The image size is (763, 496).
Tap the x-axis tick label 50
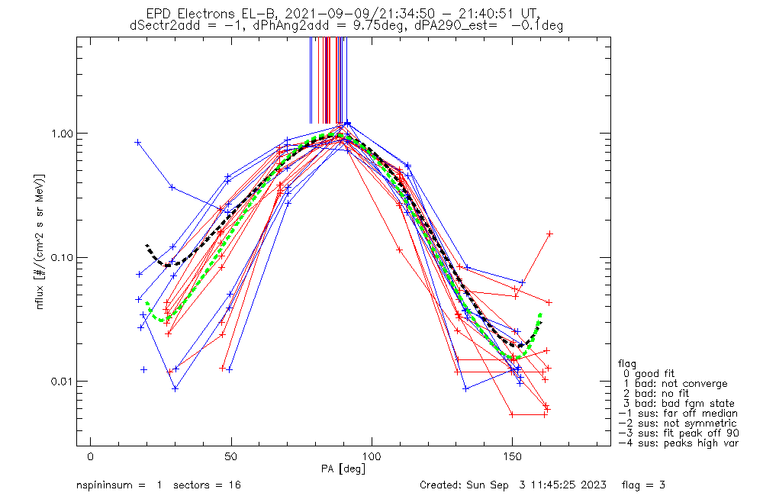pyautogui.click(x=231, y=456)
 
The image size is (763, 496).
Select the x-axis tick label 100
pyautogui.click(x=372, y=456)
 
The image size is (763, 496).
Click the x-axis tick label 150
pyautogui.click(x=513, y=456)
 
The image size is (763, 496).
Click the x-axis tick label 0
pyautogui.click(x=91, y=456)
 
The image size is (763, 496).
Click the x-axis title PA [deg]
pyautogui.click(x=343, y=469)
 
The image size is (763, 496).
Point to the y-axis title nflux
pyautogui.click(x=40, y=296)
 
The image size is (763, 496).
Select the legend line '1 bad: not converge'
pyautogui.click(x=675, y=384)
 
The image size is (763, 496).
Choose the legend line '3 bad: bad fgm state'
pyautogui.click(x=679, y=404)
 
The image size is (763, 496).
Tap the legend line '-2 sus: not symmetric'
pyautogui.click(x=678, y=424)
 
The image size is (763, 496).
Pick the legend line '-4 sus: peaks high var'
pyautogui.click(x=678, y=443)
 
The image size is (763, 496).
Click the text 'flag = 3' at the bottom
pyautogui.click(x=643, y=485)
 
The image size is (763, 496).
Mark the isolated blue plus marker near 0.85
pyautogui.click(x=137, y=142)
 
